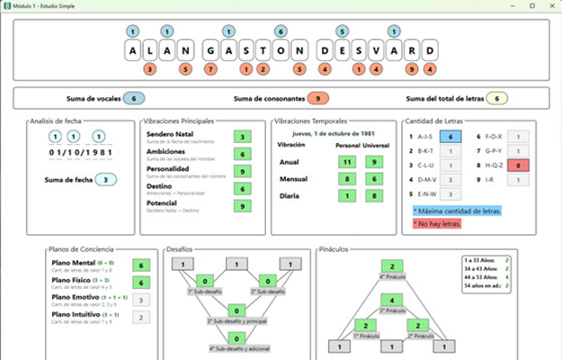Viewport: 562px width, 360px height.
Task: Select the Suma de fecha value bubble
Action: (108, 180)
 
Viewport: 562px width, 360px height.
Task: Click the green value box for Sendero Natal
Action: (242, 137)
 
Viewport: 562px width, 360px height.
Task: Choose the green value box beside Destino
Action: (242, 189)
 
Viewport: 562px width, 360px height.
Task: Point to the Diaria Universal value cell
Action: (372, 195)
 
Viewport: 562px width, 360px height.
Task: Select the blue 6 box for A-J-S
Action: (454, 137)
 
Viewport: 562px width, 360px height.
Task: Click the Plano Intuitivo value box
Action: (140, 317)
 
